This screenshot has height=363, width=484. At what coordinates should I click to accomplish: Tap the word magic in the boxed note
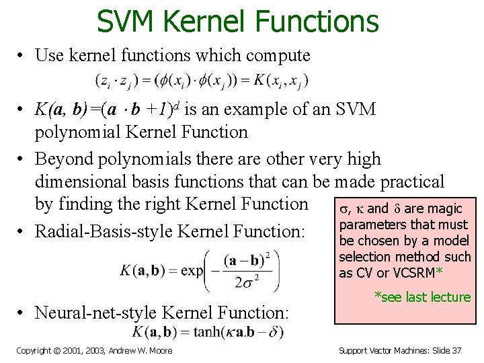[x=445, y=209]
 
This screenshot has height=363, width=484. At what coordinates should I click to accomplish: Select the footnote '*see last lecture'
[x=422, y=297]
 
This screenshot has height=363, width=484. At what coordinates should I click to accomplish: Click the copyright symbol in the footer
[x=57, y=350]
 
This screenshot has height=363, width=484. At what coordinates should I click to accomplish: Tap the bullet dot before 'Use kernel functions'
[x=22, y=56]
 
